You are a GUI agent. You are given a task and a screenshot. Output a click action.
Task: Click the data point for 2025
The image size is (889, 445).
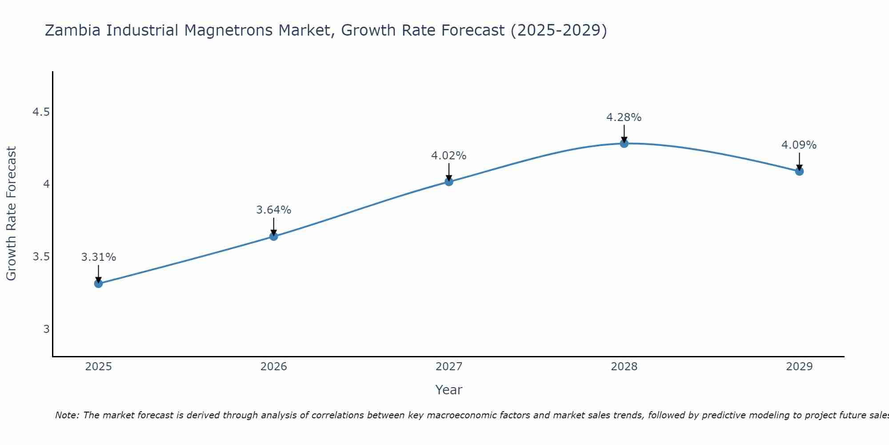pyautogui.click(x=98, y=283)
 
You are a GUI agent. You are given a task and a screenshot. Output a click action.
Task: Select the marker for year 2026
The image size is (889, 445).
pyautogui.click(x=273, y=236)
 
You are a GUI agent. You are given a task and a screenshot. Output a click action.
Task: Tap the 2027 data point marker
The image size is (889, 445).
pyautogui.click(x=449, y=182)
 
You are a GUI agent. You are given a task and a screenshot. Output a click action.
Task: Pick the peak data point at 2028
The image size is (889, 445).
pyautogui.click(x=624, y=143)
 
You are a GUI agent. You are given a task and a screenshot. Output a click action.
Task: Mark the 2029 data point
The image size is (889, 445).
pyautogui.click(x=799, y=171)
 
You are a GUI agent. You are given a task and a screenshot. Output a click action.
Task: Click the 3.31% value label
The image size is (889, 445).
pyautogui.click(x=98, y=257)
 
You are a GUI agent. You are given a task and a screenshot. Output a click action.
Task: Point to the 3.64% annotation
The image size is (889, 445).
pyautogui.click(x=273, y=210)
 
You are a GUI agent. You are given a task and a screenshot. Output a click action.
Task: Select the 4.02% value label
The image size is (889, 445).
pyautogui.click(x=449, y=156)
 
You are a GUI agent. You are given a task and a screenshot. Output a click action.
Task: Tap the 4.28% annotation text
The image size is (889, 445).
pyautogui.click(x=624, y=117)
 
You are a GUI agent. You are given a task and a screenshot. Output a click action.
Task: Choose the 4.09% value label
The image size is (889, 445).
pyautogui.click(x=799, y=145)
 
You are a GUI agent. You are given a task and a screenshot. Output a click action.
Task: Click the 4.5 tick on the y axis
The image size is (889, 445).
pyautogui.click(x=41, y=112)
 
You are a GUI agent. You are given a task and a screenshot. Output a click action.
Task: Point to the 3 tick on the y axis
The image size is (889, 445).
pyautogui.click(x=46, y=329)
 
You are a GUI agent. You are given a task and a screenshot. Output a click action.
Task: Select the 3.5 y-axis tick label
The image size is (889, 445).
pyautogui.click(x=41, y=257)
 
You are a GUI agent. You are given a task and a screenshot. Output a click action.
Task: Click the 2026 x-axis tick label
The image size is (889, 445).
pyautogui.click(x=273, y=367)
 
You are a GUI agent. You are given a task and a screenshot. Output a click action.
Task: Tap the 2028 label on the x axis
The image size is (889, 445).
pyautogui.click(x=624, y=367)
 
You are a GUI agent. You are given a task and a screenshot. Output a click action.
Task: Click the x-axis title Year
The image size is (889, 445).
pyautogui.click(x=449, y=390)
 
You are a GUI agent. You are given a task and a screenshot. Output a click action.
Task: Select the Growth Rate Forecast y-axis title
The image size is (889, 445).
pyautogui.click(x=11, y=214)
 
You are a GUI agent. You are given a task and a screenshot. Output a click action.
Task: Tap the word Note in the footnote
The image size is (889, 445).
pyautogui.click(x=67, y=415)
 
